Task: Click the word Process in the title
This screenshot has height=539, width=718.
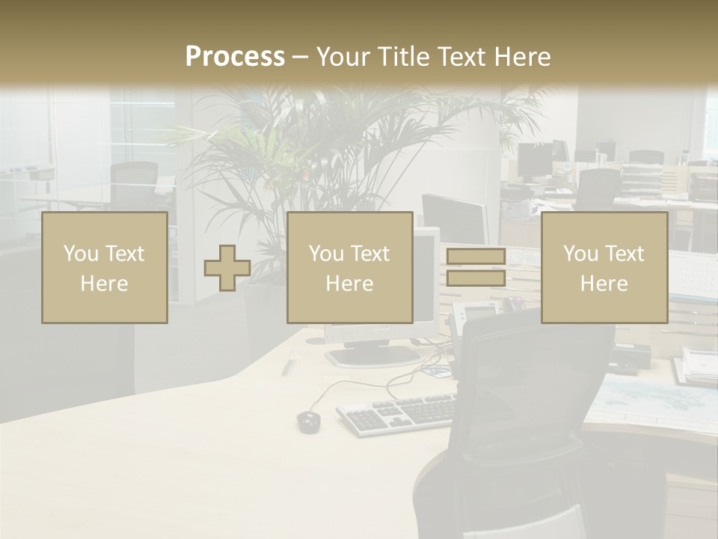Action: click(235, 57)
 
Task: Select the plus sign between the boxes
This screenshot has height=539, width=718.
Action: click(227, 268)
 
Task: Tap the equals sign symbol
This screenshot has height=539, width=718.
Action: click(476, 267)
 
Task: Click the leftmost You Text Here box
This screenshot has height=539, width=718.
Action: click(105, 268)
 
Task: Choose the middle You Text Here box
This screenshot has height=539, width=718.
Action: click(350, 268)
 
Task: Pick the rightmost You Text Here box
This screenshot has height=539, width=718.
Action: click(604, 268)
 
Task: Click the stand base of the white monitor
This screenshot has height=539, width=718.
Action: click(374, 356)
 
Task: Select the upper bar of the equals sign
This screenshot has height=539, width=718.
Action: click(476, 257)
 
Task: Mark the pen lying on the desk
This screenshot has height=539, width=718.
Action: click(287, 366)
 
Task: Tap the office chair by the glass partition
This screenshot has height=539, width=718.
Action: click(135, 183)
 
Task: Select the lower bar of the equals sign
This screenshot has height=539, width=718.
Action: click(476, 278)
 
